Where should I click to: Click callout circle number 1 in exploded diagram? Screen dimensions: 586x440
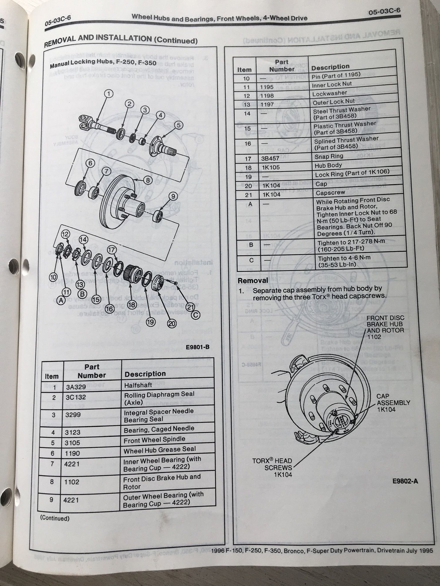coord(109,94)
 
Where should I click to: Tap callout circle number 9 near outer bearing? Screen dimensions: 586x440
coord(173,196)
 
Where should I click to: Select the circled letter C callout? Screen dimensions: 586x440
coord(196,315)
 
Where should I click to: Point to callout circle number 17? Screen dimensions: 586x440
coord(112,250)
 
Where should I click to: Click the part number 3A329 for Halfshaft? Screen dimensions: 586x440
coord(76,387)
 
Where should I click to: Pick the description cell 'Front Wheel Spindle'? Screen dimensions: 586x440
coord(154,440)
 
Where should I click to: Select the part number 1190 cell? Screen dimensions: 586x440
coord(72,453)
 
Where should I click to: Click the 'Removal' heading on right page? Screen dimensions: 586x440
coord(253,280)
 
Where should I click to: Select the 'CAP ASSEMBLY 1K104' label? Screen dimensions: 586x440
coord(393,403)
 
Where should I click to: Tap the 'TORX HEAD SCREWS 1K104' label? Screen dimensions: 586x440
coord(272,468)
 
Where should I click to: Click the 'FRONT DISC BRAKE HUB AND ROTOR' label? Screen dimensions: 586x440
coord(385,327)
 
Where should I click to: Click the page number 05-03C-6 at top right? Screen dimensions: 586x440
coord(384,12)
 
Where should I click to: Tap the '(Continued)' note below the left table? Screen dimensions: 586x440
coord(55,518)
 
